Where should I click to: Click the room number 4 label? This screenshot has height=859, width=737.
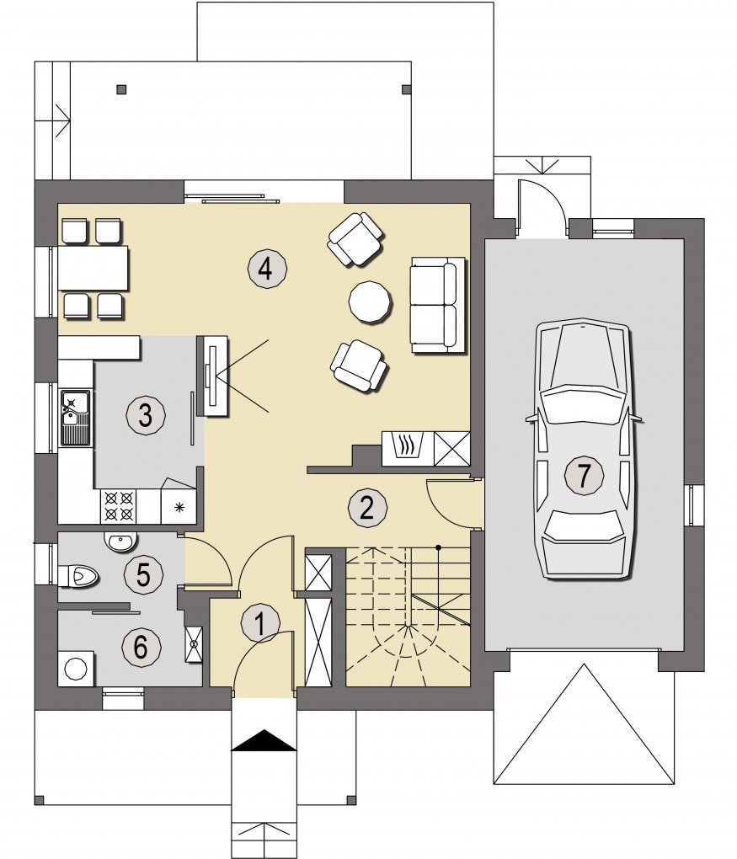(x=266, y=269)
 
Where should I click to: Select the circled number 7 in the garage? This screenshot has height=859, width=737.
(x=584, y=474)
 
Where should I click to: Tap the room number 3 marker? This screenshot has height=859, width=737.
(x=145, y=414)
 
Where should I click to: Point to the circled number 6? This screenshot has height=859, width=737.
(x=141, y=647)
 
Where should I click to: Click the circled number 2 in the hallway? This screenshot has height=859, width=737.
(x=367, y=507)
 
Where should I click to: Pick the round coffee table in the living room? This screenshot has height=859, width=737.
(x=371, y=301)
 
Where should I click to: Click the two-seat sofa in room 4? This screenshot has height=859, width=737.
(x=438, y=305)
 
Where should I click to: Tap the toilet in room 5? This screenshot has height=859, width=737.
(x=77, y=576)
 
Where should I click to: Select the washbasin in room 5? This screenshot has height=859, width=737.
(x=120, y=542)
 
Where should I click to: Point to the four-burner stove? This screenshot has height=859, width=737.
(x=119, y=506)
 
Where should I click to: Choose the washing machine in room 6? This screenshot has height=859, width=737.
(x=76, y=668)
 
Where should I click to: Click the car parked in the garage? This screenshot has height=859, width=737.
(x=584, y=448)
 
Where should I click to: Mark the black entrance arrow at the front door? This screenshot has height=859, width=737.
(x=264, y=740)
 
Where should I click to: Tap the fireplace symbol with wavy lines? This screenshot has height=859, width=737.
(x=407, y=448)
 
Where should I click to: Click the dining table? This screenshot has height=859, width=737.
(x=93, y=268)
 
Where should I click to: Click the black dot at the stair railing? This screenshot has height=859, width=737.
(x=438, y=547)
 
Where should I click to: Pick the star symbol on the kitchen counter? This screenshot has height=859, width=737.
(x=179, y=508)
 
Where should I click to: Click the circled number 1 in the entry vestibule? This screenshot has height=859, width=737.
(x=260, y=623)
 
